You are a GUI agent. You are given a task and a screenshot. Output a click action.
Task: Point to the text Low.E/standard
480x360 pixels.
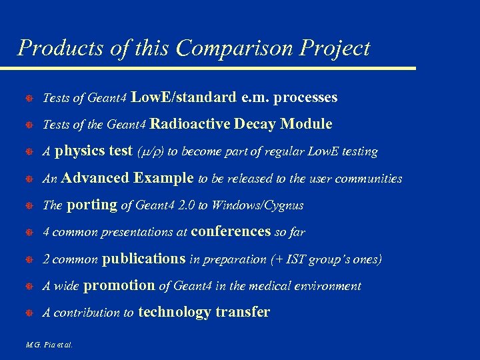(x=183, y=98)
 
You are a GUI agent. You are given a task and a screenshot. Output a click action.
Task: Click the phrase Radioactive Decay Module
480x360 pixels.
(x=241, y=125)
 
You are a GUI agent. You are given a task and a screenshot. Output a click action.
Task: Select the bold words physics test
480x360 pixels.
(x=93, y=151)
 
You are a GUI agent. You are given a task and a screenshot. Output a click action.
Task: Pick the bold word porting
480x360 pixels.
(x=92, y=205)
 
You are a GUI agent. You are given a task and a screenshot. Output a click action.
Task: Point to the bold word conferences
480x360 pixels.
(x=231, y=232)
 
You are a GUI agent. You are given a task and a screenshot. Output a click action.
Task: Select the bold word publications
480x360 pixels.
(x=144, y=259)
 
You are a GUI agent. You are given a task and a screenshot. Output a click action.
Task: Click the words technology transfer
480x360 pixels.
(x=203, y=312)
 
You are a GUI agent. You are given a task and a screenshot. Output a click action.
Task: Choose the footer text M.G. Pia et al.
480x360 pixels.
(x=49, y=345)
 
